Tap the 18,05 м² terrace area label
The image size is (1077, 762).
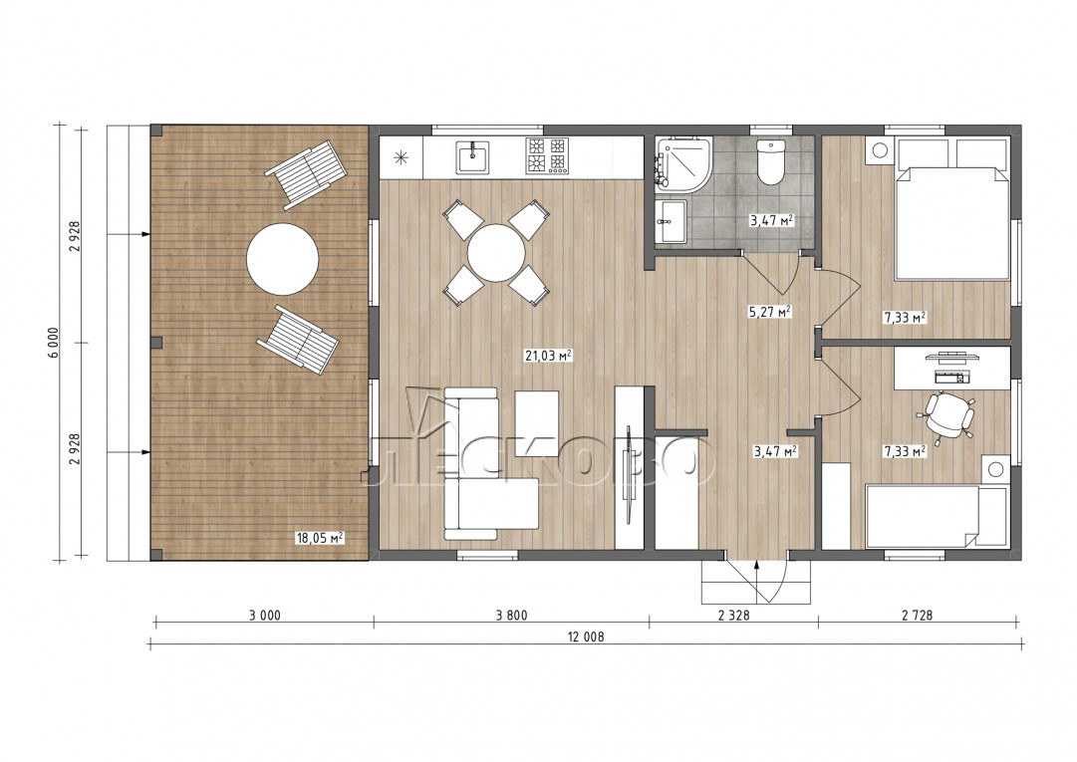click(320, 538)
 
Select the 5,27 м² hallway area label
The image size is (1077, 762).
click(769, 312)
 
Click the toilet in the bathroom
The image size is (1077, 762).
click(771, 162)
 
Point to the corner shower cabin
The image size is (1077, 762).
click(683, 162)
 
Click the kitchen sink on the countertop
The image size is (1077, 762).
click(473, 156)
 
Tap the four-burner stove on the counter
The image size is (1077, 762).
click(547, 155)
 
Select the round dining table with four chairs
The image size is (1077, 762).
click(496, 253)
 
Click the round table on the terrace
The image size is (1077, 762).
click(282, 259)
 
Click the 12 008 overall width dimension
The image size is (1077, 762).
click(586, 636)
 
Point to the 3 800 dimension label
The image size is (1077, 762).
click(512, 616)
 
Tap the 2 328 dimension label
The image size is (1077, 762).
click(733, 616)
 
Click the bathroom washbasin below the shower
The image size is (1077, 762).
click(672, 221)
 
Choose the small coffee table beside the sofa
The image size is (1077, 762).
click(537, 414)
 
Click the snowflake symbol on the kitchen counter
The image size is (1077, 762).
click(401, 157)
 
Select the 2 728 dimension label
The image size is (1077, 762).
click(918, 616)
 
